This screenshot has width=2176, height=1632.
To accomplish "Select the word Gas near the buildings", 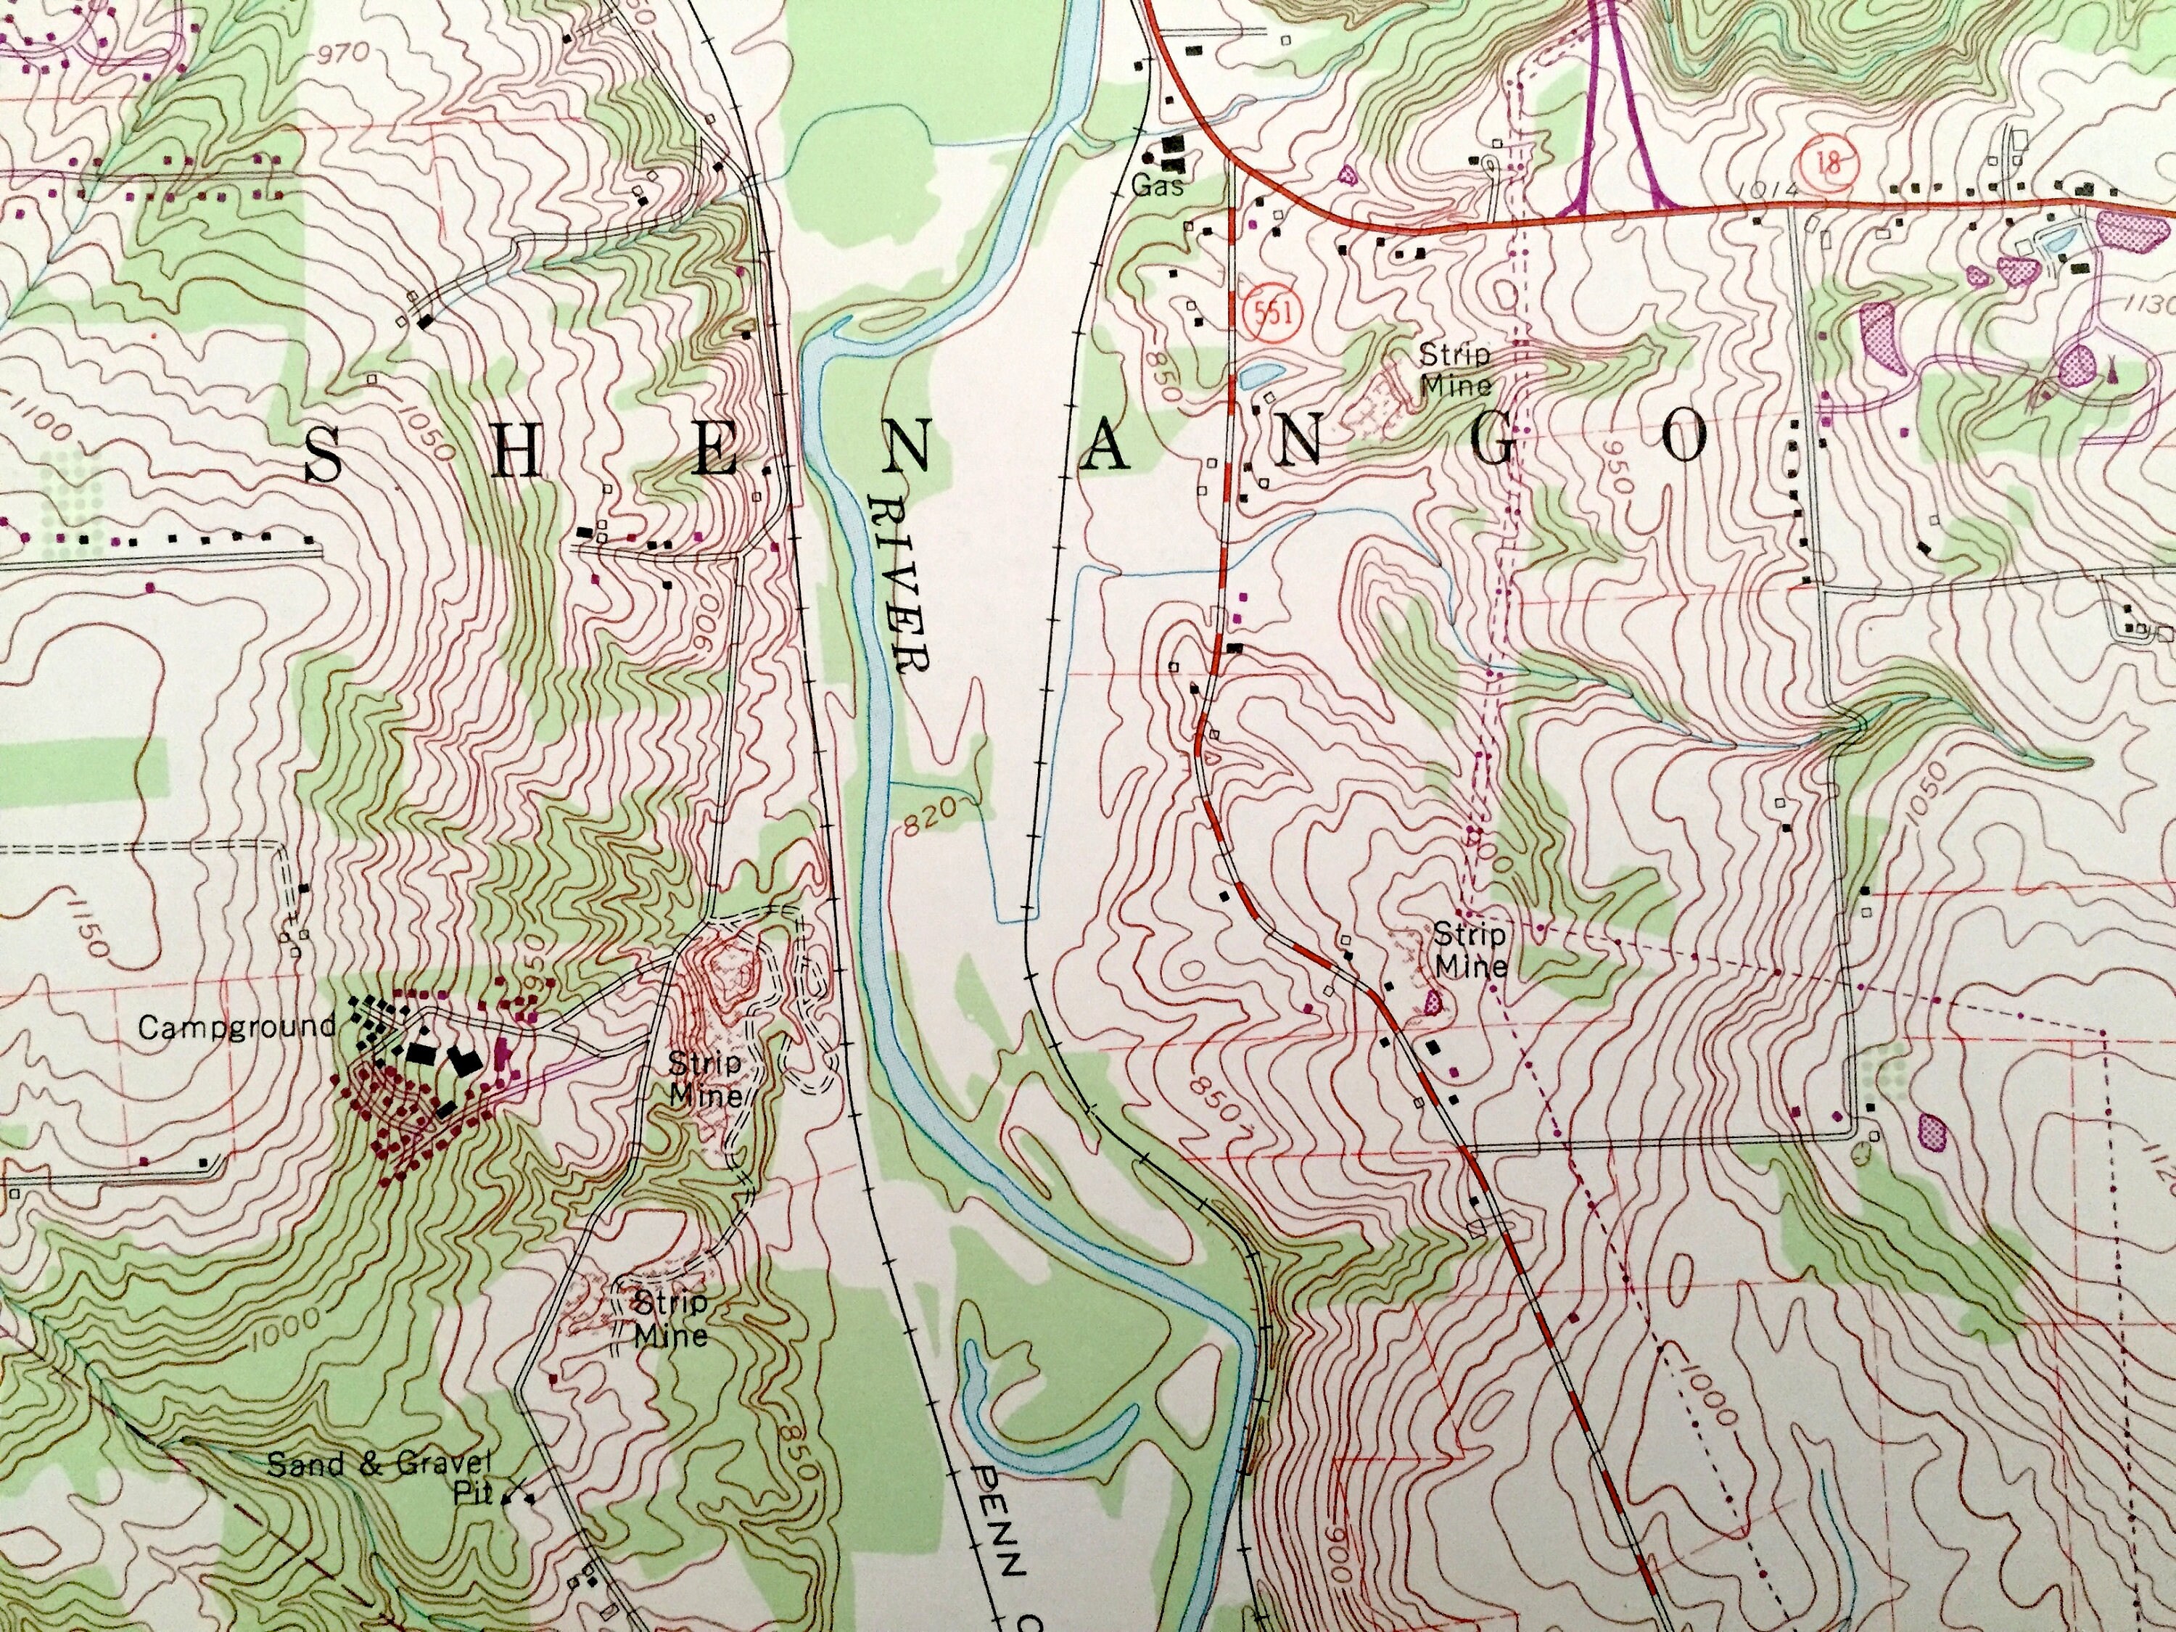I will pos(1158,184).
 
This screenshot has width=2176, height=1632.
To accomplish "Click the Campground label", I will pos(237,1027).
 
